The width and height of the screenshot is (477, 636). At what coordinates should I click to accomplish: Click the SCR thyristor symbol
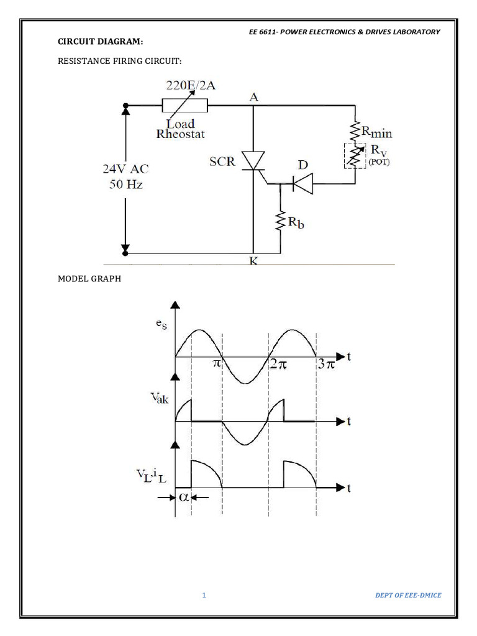click(x=253, y=161)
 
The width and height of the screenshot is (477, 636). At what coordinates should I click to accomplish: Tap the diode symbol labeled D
click(x=301, y=183)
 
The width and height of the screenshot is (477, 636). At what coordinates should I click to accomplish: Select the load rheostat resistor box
click(x=184, y=105)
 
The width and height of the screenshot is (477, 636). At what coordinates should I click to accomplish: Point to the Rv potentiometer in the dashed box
click(x=355, y=156)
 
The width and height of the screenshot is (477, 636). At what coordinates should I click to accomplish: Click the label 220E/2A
click(x=191, y=86)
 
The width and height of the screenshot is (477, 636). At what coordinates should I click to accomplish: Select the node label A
click(x=253, y=96)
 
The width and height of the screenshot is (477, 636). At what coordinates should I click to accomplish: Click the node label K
click(x=253, y=261)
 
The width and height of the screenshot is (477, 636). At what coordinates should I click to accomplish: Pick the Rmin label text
click(x=377, y=132)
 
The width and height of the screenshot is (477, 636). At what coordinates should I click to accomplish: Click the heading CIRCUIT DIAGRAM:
click(x=100, y=42)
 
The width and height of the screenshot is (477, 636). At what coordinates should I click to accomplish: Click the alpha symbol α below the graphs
click(x=184, y=497)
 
